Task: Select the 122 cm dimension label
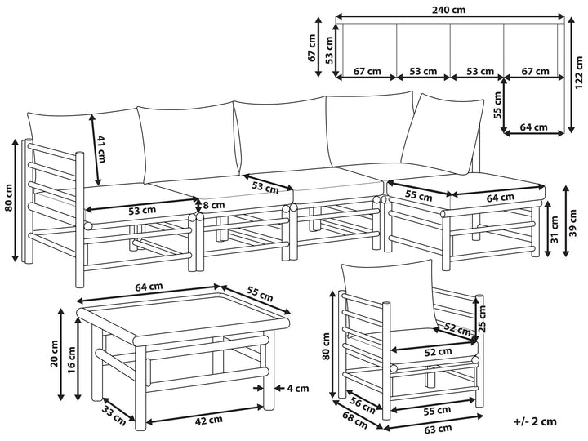click(578, 80)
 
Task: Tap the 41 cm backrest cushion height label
click(102, 149)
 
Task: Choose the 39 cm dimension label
click(575, 222)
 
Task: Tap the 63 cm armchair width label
click(439, 428)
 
